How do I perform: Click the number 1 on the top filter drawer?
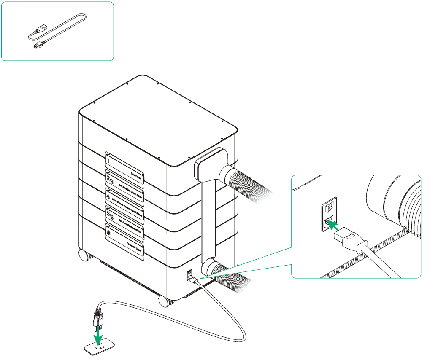pos(108,161)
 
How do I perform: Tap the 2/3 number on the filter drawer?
pos(110,179)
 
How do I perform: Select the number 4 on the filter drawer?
pos(109,197)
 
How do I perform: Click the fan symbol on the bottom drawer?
pos(109,232)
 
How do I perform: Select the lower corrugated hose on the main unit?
pos(230,276)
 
